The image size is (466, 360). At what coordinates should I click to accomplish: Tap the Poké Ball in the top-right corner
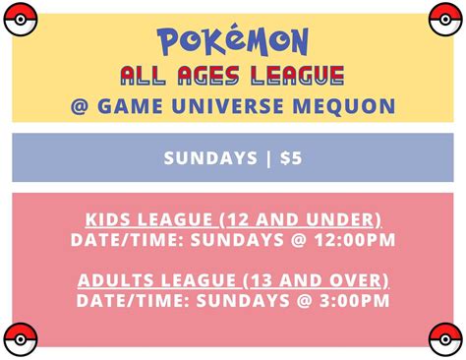[447, 18]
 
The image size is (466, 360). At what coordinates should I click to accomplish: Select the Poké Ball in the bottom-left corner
[19, 339]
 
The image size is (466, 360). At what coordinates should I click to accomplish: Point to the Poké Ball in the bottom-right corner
[447, 339]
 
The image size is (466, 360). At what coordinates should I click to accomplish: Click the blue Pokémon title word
[233, 40]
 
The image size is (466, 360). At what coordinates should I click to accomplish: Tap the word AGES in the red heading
[211, 74]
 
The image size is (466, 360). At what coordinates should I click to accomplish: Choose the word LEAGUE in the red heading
[296, 74]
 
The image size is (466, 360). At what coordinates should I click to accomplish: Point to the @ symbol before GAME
[80, 105]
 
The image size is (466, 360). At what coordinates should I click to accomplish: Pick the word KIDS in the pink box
[107, 218]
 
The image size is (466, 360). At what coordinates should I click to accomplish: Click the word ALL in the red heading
[145, 74]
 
